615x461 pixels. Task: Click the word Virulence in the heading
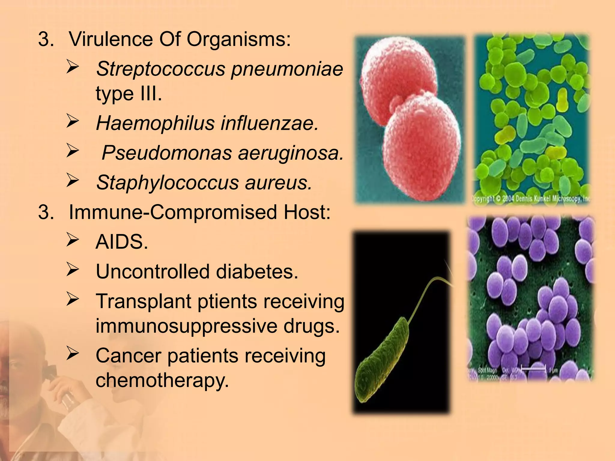111,39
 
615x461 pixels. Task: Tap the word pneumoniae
287,69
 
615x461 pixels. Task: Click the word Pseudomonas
167,153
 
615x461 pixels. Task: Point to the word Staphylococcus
167,182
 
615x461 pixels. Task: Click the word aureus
278,182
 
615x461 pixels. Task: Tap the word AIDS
122,242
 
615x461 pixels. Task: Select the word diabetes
257,272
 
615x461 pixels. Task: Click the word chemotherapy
162,380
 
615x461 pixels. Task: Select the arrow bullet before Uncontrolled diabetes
73,269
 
